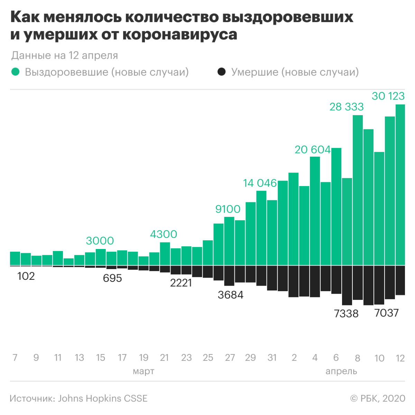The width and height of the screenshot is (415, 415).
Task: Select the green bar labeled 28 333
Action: tap(358, 190)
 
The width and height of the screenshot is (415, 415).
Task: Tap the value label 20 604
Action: tap(313, 150)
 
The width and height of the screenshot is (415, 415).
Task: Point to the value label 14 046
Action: tap(260, 183)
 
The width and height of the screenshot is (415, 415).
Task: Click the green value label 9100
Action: tap(228, 209)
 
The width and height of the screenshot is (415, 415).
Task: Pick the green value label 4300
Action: tap(163, 234)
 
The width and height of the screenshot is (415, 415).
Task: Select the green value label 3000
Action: tap(100, 241)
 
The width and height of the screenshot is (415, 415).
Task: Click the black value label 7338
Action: tap(346, 314)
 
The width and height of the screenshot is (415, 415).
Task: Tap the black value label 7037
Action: tap(387, 313)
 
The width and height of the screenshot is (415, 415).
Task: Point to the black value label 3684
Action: tap(230, 295)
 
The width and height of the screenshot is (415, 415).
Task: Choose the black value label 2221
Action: tap(181, 283)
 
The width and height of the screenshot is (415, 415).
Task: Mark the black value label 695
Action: tap(112, 278)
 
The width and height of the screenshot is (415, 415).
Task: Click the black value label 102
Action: tap(26, 276)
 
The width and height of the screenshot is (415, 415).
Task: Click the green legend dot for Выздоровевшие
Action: tap(15, 72)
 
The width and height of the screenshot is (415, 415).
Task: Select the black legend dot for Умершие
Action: tap(221, 72)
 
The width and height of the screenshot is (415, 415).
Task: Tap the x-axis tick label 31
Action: tap(272, 358)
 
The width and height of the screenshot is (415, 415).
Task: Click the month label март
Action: tap(144, 371)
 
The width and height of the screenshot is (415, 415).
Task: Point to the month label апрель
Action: tap(341, 371)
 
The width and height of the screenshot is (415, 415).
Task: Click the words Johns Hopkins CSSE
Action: tap(103, 398)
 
